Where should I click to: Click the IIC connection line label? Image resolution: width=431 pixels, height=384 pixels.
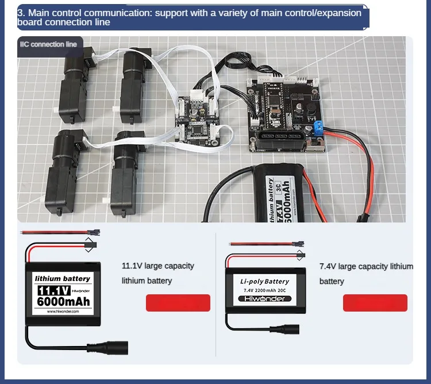[x=48, y=44]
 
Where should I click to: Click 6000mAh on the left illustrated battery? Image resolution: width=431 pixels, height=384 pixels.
[x=63, y=301]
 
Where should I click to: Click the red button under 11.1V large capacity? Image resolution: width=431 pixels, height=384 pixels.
[x=178, y=303]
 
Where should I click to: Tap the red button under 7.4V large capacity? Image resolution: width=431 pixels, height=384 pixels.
[x=375, y=303]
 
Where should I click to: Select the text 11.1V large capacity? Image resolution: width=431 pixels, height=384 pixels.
[x=158, y=266]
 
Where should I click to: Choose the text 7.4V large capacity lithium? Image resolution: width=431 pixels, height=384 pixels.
[x=366, y=266]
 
